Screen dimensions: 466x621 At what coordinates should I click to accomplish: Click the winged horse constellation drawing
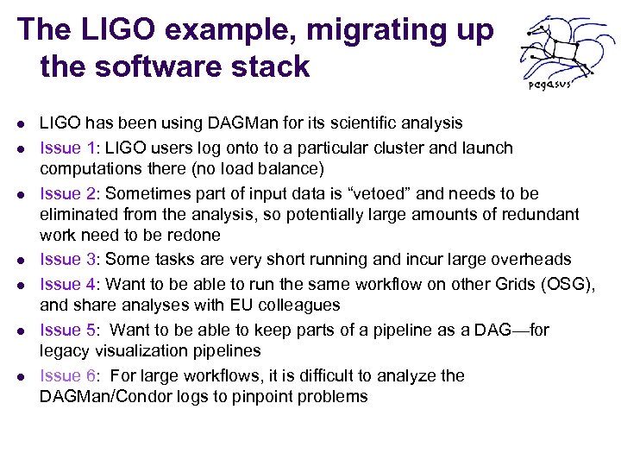[557, 48]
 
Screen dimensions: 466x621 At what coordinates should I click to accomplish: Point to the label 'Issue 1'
[69, 148]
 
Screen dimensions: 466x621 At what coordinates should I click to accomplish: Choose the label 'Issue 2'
[69, 193]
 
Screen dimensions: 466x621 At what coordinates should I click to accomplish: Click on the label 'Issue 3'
[69, 260]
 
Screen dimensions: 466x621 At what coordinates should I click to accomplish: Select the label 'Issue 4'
[69, 283]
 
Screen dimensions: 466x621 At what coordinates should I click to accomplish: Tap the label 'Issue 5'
[69, 330]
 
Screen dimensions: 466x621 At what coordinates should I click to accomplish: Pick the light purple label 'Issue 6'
[69, 375]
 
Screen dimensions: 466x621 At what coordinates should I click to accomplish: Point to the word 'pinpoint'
[272, 397]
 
